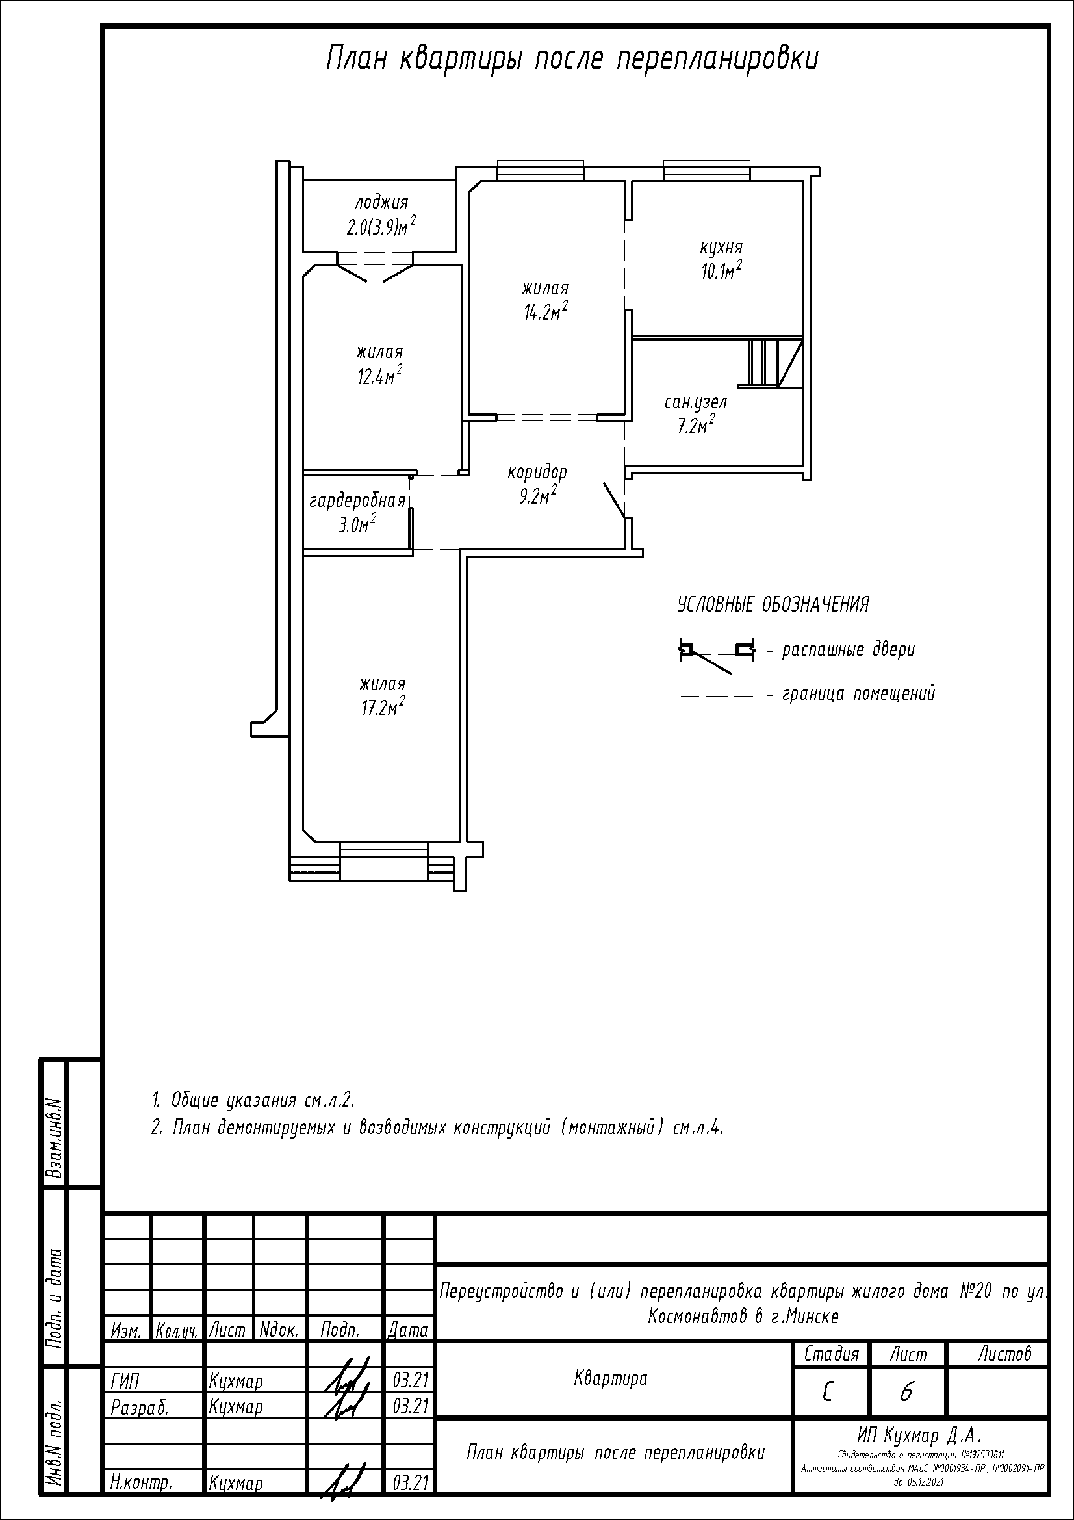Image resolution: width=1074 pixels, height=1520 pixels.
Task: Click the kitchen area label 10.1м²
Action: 721,271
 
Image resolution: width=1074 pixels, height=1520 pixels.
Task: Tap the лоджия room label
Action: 382,202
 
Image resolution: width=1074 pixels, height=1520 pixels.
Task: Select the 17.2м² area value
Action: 383,707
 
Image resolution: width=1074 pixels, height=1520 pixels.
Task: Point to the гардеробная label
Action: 357,501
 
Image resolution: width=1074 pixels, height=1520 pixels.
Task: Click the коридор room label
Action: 537,472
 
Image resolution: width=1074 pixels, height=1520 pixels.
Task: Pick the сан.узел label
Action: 695,402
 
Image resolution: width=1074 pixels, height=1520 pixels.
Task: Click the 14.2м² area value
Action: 546,312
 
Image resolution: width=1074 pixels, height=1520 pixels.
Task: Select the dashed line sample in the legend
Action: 717,696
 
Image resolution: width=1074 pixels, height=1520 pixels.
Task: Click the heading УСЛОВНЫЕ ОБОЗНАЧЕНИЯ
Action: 773,604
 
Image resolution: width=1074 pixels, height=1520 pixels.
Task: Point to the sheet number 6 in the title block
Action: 906,1393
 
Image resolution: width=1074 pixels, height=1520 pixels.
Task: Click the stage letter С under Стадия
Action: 827,1393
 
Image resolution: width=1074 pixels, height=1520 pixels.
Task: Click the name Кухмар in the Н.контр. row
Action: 236,1484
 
